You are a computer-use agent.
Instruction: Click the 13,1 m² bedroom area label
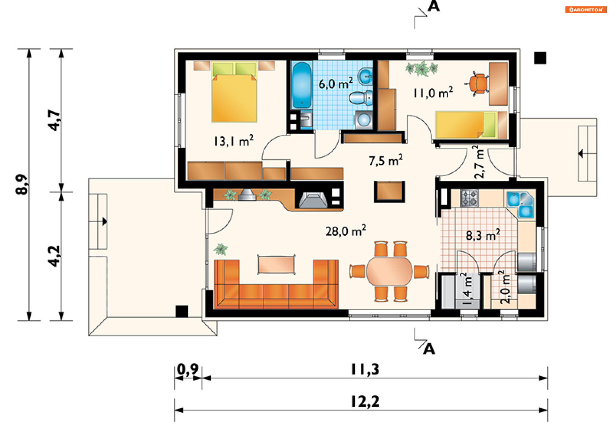pos(234,141)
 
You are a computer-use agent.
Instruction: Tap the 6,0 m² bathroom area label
pos(336,83)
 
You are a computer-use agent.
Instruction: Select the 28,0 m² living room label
pos(346,231)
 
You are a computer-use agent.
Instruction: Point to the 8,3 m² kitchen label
pos(483,235)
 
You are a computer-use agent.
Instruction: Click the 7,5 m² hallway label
pos(386,160)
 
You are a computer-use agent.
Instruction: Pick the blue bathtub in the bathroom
pos(302,86)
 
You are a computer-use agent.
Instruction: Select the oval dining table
pos(389,271)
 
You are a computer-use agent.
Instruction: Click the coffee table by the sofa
pos(276,265)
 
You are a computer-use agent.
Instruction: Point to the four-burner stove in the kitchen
pos(469,198)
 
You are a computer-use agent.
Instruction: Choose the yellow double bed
pos(234,92)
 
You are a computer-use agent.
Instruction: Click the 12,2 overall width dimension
pos(365,401)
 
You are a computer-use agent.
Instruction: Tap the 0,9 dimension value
pos(188,369)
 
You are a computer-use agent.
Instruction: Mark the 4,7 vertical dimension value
pos(54,120)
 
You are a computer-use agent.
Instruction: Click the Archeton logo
pos(586,10)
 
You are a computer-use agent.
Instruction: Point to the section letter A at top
pos(434,6)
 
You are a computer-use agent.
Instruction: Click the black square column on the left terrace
pos(182,311)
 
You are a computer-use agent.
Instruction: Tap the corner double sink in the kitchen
pos(520,204)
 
